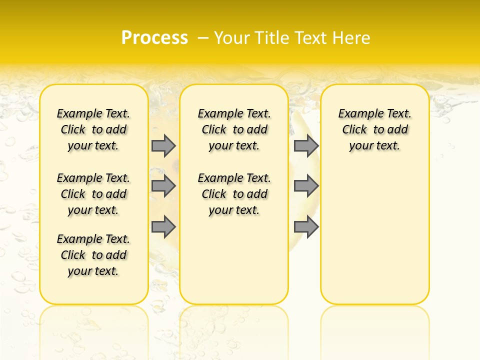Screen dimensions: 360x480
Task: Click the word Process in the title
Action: click(x=154, y=37)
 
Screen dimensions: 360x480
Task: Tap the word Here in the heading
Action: click(x=352, y=38)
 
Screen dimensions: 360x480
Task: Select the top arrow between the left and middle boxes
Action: click(x=163, y=145)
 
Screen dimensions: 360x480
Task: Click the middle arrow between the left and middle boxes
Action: click(x=163, y=186)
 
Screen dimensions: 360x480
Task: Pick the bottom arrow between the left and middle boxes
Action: click(x=163, y=227)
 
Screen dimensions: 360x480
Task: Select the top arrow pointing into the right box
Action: click(x=306, y=145)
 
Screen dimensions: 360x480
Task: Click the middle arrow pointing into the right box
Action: click(x=306, y=186)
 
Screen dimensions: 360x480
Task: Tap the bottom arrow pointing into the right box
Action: click(x=306, y=227)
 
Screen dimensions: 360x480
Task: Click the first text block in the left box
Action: click(x=93, y=129)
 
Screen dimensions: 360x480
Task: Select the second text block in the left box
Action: click(x=93, y=194)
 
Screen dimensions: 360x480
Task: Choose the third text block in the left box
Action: click(x=93, y=255)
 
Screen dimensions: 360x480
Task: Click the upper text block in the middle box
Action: click(x=234, y=129)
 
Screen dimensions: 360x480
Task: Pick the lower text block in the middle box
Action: click(x=234, y=194)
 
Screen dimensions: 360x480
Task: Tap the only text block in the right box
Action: click(x=374, y=129)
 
